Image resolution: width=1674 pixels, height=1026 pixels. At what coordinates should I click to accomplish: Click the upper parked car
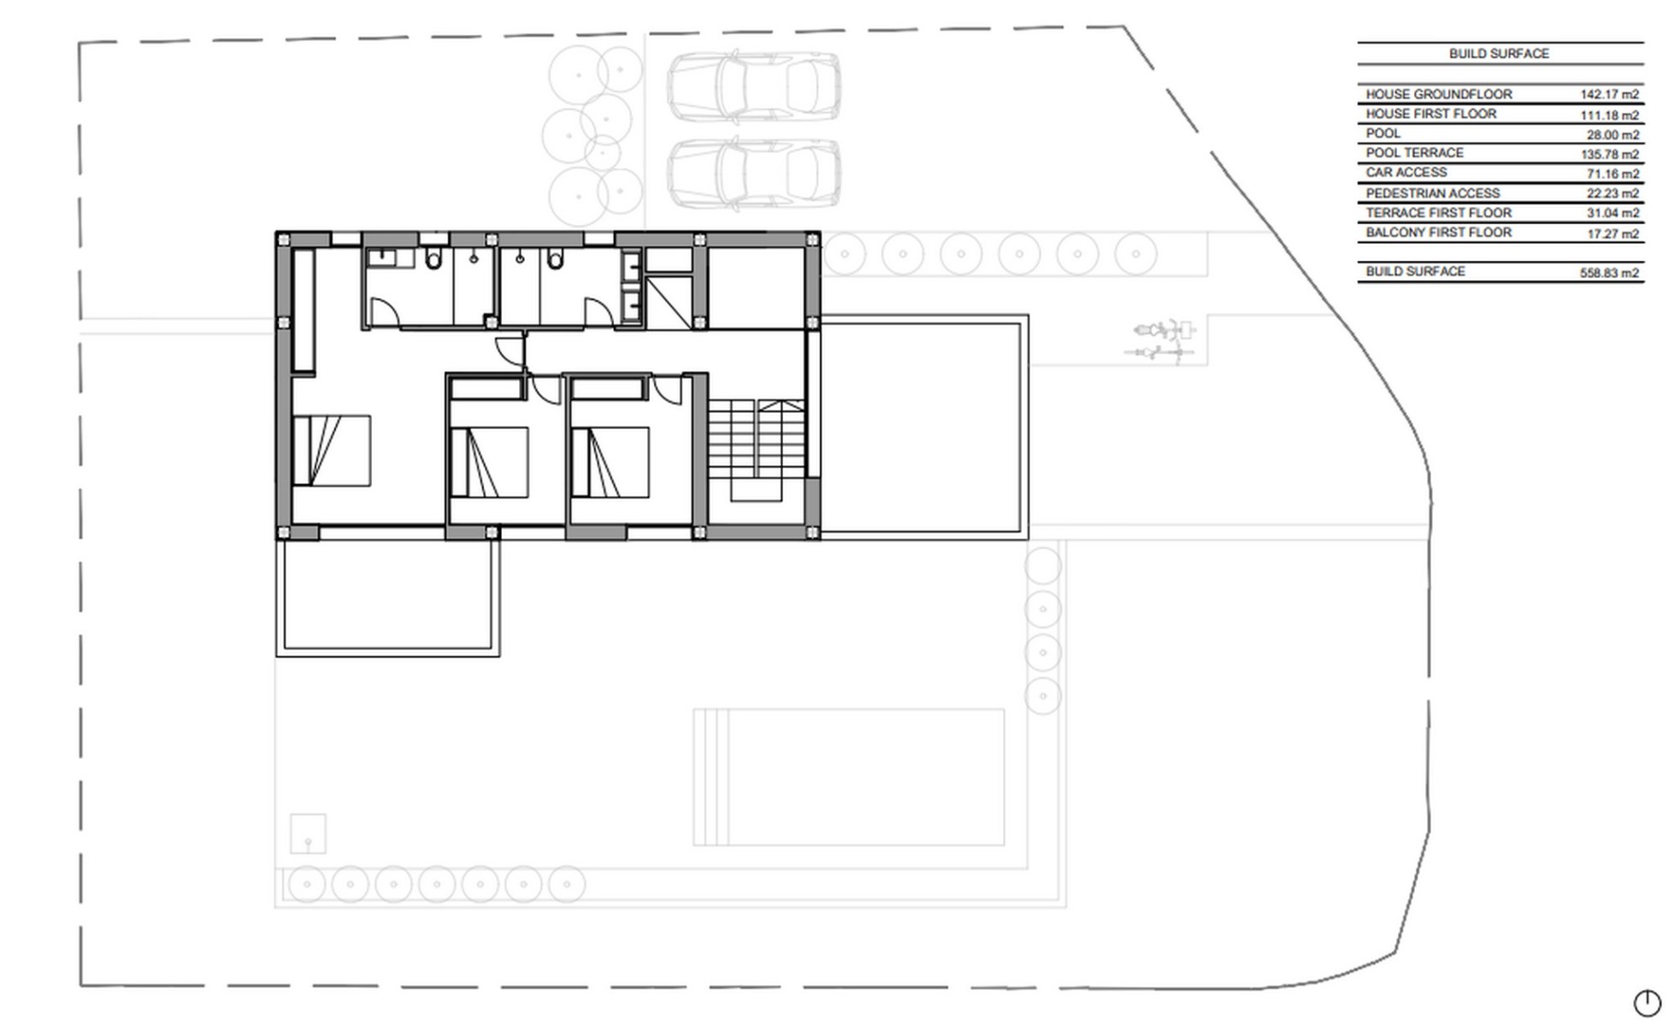point(752,85)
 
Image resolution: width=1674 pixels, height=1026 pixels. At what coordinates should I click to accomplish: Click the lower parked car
point(752,174)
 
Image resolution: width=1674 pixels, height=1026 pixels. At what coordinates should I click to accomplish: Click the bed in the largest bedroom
point(332,451)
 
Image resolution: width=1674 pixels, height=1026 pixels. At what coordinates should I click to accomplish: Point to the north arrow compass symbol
point(1647,1003)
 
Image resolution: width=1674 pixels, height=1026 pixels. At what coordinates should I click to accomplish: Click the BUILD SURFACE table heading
point(1498,53)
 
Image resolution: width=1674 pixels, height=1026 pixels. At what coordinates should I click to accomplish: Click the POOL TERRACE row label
point(1414,153)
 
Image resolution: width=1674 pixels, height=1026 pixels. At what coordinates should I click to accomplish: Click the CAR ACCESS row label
point(1406,173)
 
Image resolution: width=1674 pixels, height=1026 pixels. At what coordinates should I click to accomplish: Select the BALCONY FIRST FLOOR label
point(1438,233)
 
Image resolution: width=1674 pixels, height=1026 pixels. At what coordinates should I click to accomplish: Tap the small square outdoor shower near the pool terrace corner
point(308,834)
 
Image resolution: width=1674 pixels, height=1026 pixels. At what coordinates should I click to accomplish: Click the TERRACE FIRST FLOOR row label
point(1438,213)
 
